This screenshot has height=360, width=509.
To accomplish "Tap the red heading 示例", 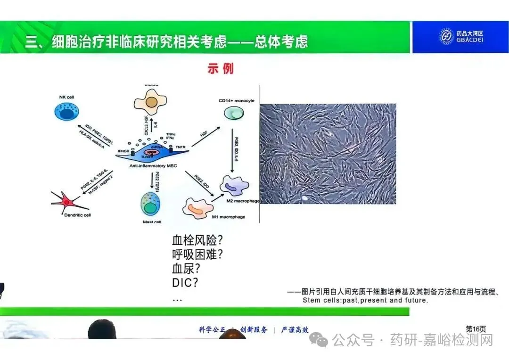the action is click(220, 69).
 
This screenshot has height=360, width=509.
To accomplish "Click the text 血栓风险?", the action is click(197, 240).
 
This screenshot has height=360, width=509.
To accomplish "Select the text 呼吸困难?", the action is click(197, 255).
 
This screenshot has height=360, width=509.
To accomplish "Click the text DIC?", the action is click(185, 283).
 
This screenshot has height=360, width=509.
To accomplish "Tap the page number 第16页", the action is click(476, 329).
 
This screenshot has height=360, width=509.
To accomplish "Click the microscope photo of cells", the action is click(328, 154).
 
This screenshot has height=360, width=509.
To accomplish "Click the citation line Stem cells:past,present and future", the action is click(365, 300).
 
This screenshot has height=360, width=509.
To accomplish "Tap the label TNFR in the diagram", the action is click(181, 147).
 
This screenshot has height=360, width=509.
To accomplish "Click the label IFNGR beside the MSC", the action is click(123, 151).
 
